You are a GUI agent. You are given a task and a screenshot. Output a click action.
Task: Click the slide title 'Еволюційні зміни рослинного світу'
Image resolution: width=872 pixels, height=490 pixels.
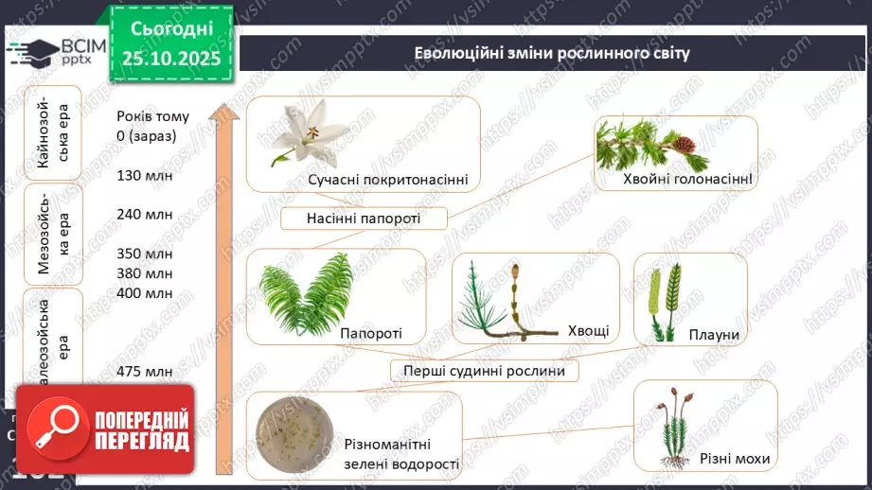(552, 52)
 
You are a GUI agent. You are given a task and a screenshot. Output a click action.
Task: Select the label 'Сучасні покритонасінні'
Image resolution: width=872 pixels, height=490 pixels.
(387, 179)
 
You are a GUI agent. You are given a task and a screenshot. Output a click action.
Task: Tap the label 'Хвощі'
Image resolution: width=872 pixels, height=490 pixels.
(588, 330)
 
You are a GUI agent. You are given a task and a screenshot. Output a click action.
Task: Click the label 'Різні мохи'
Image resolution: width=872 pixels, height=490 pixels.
(735, 459)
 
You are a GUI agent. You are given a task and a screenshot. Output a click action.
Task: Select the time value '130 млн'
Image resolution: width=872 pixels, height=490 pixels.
(145, 175)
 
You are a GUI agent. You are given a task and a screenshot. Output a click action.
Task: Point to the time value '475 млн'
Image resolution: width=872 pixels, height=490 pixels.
(145, 371)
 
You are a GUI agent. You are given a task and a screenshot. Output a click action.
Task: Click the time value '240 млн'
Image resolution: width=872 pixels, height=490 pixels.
(145, 214)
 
